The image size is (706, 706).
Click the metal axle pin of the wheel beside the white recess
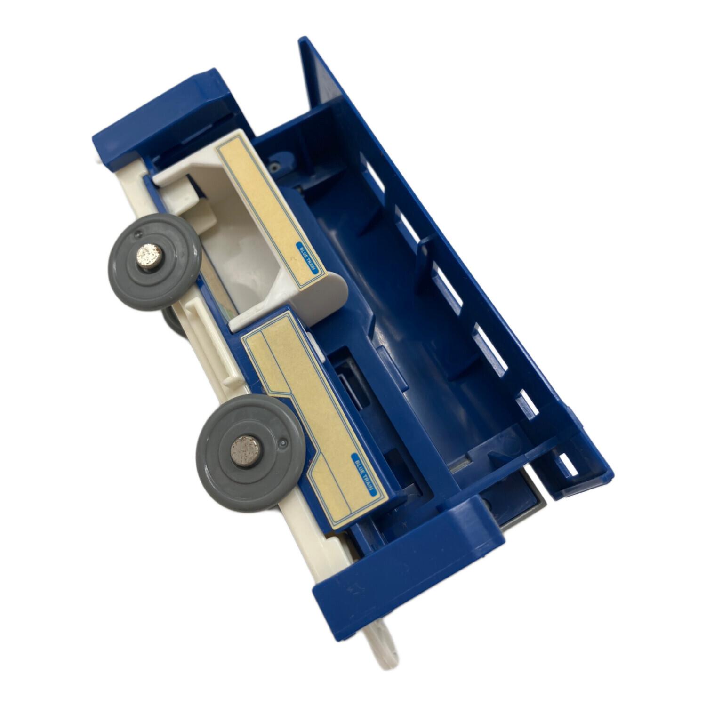(x=144, y=257)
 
